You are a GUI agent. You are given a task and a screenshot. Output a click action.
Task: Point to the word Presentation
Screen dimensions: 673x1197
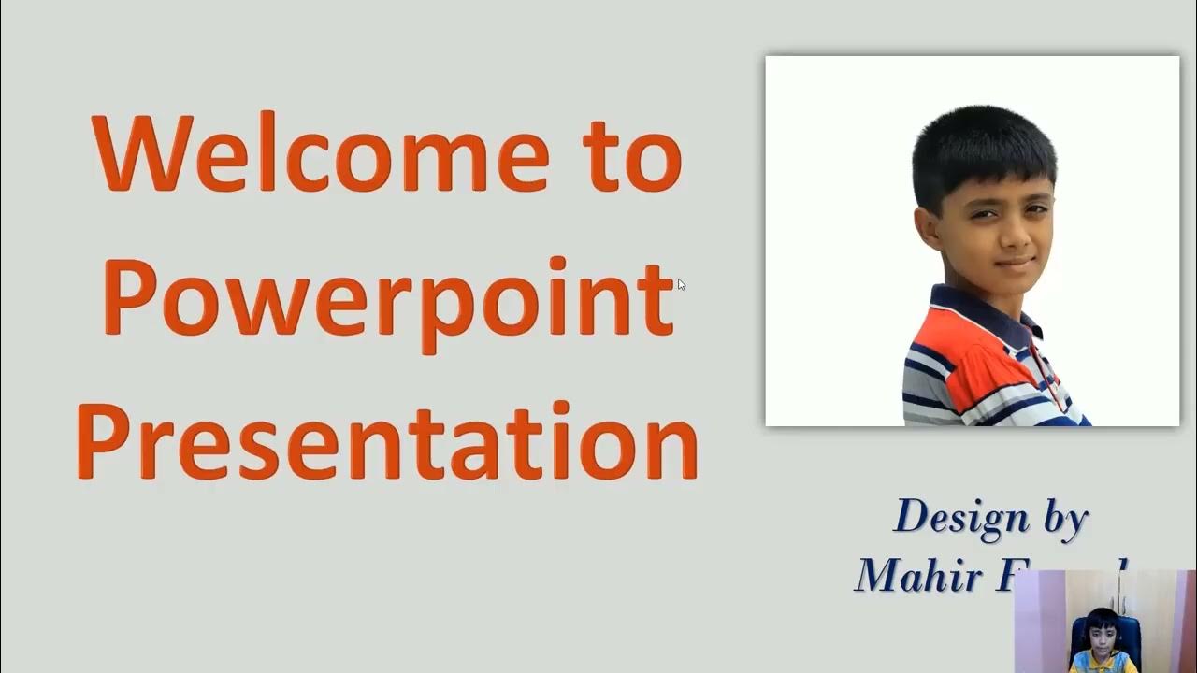386,440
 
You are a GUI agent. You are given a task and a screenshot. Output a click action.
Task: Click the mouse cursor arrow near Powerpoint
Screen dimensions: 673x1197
681,283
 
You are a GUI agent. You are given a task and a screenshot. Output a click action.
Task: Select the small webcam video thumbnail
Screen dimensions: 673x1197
1104,622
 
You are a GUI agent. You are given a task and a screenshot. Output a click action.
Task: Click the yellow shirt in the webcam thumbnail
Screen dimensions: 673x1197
1103,662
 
